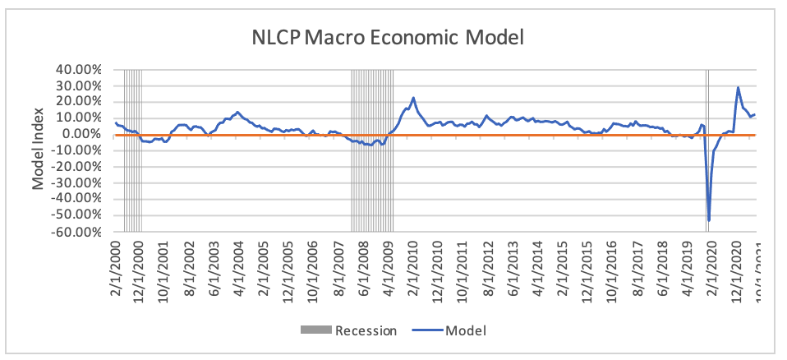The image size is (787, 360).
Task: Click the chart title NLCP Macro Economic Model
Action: [x=388, y=37]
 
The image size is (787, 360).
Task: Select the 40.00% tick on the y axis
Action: [x=79, y=69]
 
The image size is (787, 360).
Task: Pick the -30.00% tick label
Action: [x=76, y=182]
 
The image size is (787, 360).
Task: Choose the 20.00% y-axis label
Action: [x=79, y=101]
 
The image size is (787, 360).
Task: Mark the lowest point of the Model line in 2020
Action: [x=709, y=220]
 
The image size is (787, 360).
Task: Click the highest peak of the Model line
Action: [x=738, y=87]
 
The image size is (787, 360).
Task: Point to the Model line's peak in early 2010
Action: [x=413, y=98]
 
